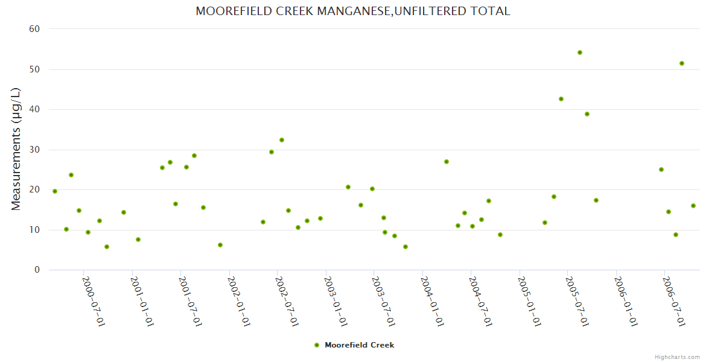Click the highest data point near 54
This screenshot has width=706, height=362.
580,52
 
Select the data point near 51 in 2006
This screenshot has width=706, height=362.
682,63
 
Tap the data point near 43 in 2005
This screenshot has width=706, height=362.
561,99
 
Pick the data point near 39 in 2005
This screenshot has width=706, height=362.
587,114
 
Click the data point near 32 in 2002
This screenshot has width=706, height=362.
282,140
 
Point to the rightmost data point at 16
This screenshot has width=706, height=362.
693,206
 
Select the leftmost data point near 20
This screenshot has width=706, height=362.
55,191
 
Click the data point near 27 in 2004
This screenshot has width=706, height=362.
447,162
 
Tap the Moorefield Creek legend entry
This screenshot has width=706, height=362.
354,345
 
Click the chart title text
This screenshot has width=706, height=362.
353,11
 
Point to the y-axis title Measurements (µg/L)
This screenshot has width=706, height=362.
16,149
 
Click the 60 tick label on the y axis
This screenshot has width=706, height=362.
34,29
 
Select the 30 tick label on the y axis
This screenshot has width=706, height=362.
34,150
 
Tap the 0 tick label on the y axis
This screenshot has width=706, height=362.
37,270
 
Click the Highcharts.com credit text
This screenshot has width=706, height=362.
677,357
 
